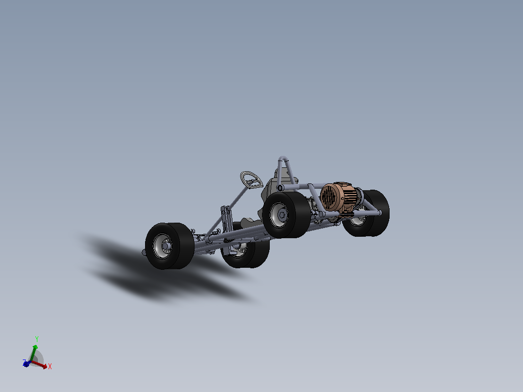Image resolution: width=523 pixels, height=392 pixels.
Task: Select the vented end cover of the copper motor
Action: (328, 197)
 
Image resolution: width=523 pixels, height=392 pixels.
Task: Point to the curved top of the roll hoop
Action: (283, 159)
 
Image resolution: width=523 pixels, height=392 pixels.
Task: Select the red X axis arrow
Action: (39, 365)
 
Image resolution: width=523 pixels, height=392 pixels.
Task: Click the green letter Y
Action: (37, 339)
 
